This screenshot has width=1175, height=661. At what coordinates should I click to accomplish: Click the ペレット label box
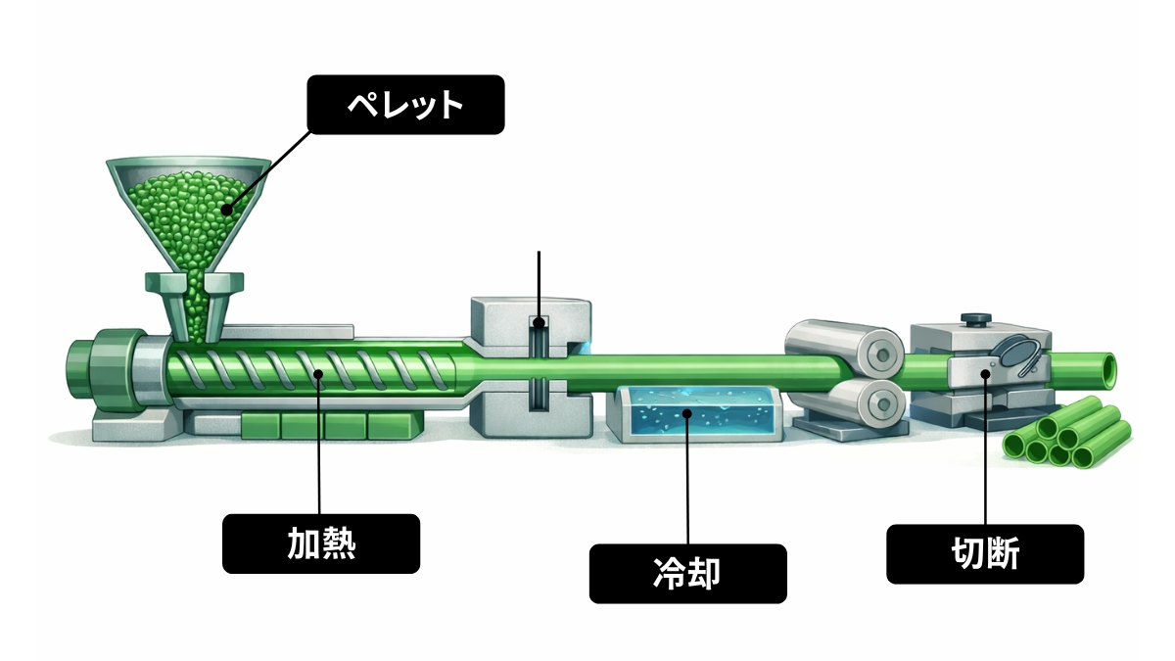coord(406,105)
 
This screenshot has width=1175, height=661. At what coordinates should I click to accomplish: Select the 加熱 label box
coord(321,543)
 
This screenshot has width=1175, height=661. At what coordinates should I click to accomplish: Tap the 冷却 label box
coord(687,574)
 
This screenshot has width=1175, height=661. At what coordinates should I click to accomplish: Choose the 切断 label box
coord(985,554)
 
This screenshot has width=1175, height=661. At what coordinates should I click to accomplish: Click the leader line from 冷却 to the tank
coord(687,480)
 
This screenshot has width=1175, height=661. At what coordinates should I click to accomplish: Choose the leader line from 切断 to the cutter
coord(985,450)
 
